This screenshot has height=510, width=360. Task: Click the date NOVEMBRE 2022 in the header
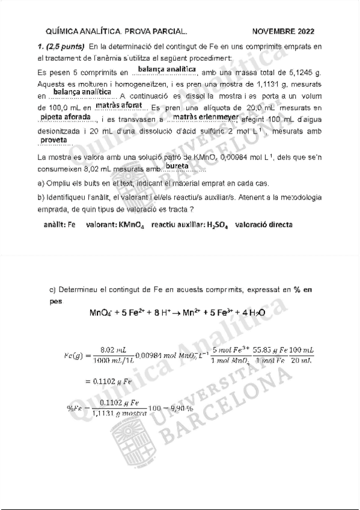(x=282, y=31)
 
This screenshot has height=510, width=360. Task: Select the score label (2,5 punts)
(x=65, y=46)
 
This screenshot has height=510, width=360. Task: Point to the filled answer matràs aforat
(x=118, y=106)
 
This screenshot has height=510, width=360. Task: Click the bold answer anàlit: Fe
(x=60, y=224)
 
